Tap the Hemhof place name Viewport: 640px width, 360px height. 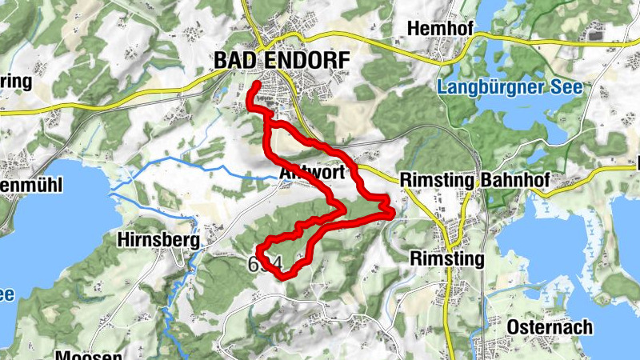click(x=441, y=29)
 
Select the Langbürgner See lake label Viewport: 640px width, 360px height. click(x=509, y=86)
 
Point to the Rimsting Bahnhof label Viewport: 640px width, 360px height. click(x=474, y=181)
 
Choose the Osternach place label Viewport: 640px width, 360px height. click(x=550, y=327)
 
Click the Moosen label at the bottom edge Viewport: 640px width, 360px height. click(x=89, y=355)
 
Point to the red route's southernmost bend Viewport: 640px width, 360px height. click(x=282, y=276)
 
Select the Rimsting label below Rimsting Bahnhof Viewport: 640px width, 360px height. click(x=446, y=259)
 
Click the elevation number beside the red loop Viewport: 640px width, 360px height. click(x=266, y=264)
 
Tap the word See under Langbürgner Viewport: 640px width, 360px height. click(x=565, y=86)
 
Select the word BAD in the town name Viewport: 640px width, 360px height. click(x=234, y=60)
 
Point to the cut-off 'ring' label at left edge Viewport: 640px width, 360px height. click(x=15, y=82)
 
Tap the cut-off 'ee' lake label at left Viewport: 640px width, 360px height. click(x=6, y=294)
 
